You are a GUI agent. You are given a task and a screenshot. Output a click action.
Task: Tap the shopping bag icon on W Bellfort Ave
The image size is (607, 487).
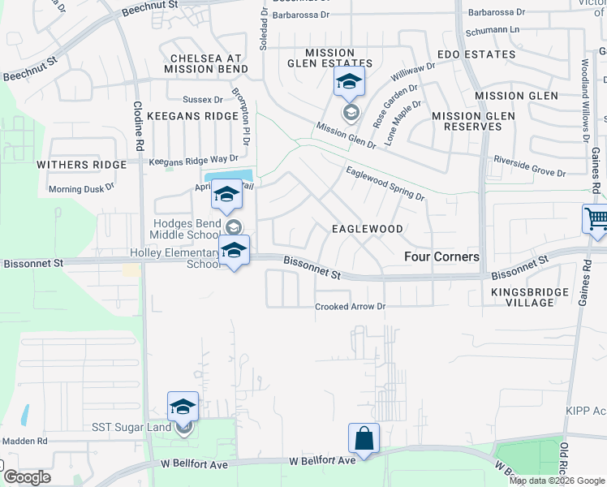point(364,438)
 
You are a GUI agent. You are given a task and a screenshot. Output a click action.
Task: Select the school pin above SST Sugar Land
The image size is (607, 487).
point(183,407)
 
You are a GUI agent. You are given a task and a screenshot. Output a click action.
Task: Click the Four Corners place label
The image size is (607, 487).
point(442,256)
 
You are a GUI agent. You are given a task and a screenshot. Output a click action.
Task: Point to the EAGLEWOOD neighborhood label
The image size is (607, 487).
point(368,229)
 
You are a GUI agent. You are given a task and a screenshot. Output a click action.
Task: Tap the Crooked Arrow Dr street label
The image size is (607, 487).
point(350,307)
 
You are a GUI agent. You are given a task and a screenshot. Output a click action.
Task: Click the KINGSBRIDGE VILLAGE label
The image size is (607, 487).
point(521,296)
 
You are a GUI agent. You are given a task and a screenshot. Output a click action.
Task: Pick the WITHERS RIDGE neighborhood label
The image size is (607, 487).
point(82,164)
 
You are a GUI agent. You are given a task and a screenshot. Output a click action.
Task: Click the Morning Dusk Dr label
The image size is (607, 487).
point(81,187)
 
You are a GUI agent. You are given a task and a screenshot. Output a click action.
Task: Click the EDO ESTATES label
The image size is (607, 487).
point(476,54)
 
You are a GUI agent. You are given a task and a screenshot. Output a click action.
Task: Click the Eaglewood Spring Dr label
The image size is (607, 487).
point(385,183)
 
